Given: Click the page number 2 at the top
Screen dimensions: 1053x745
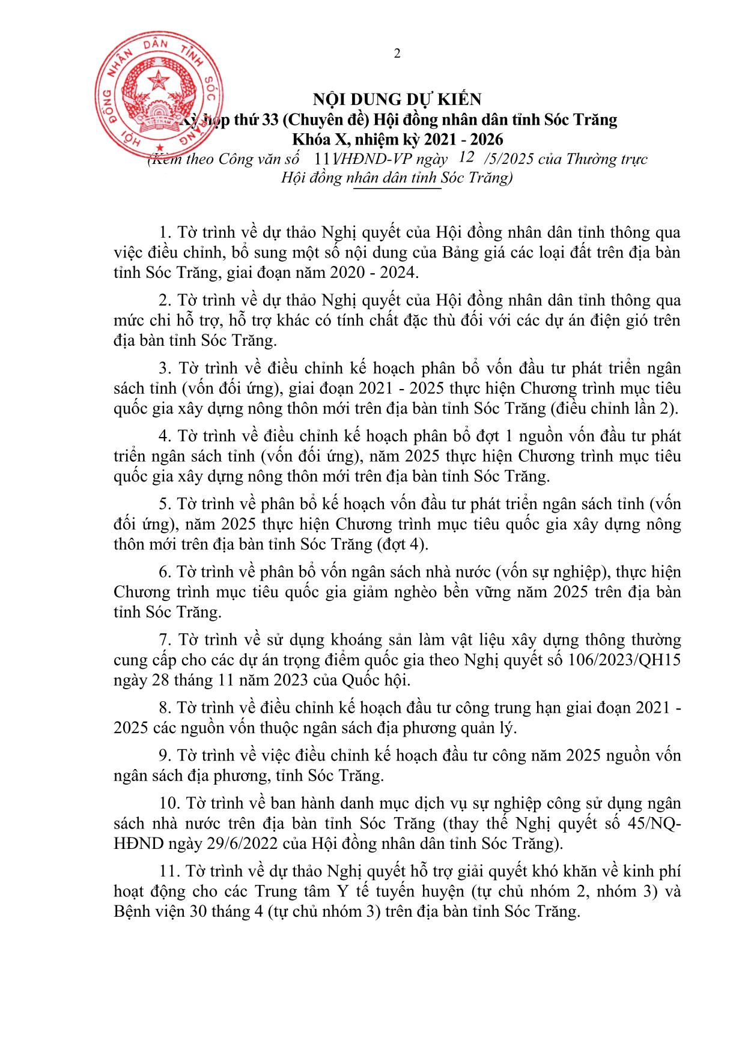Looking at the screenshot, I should (397, 54).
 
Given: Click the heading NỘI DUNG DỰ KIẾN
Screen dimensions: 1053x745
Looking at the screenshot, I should (398, 99).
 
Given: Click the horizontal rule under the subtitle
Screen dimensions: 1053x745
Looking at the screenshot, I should (397, 189).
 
